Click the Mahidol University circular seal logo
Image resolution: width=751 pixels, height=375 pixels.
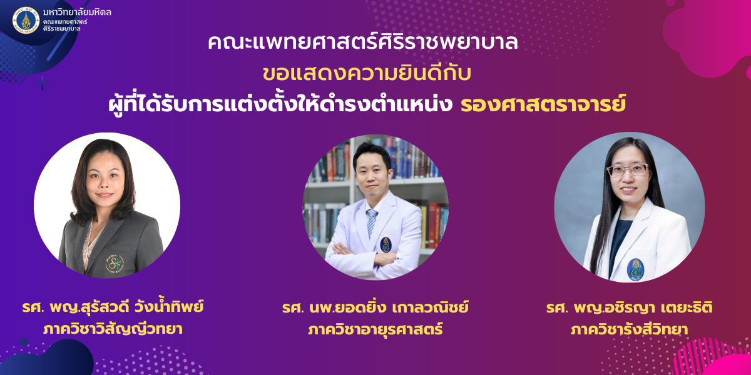click(x=26, y=21)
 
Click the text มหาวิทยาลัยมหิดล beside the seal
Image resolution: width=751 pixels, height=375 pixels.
click(x=77, y=12)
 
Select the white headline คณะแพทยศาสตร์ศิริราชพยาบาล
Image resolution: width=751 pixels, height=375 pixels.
click(x=363, y=42)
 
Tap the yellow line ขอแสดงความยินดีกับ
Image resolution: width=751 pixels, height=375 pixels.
click(x=367, y=73)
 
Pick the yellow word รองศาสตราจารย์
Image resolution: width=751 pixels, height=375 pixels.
click(x=543, y=104)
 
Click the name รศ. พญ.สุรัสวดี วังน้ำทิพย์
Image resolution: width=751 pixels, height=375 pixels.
click(x=113, y=307)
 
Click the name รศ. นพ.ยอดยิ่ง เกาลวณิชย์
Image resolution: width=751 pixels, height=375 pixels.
click(x=375, y=307)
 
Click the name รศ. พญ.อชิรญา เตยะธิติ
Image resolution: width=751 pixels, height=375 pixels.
click(x=630, y=307)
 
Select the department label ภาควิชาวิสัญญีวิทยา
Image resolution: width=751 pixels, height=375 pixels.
click(x=113, y=329)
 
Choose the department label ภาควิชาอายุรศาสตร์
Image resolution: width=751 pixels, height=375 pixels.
click(x=375, y=329)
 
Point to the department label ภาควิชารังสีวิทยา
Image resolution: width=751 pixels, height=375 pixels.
click(x=630, y=329)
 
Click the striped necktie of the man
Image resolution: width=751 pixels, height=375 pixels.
click(x=372, y=222)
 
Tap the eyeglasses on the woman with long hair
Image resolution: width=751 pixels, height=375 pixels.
click(x=628, y=171)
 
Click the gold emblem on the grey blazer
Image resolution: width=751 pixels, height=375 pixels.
click(x=115, y=264)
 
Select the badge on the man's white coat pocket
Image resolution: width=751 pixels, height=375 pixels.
click(x=386, y=245)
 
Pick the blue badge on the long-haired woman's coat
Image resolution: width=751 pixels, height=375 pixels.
click(x=635, y=269)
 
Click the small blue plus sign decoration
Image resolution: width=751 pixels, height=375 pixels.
click(x=43, y=83)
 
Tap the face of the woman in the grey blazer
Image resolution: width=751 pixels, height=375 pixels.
click(x=105, y=181)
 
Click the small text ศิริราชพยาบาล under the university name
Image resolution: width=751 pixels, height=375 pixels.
click(x=62, y=29)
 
